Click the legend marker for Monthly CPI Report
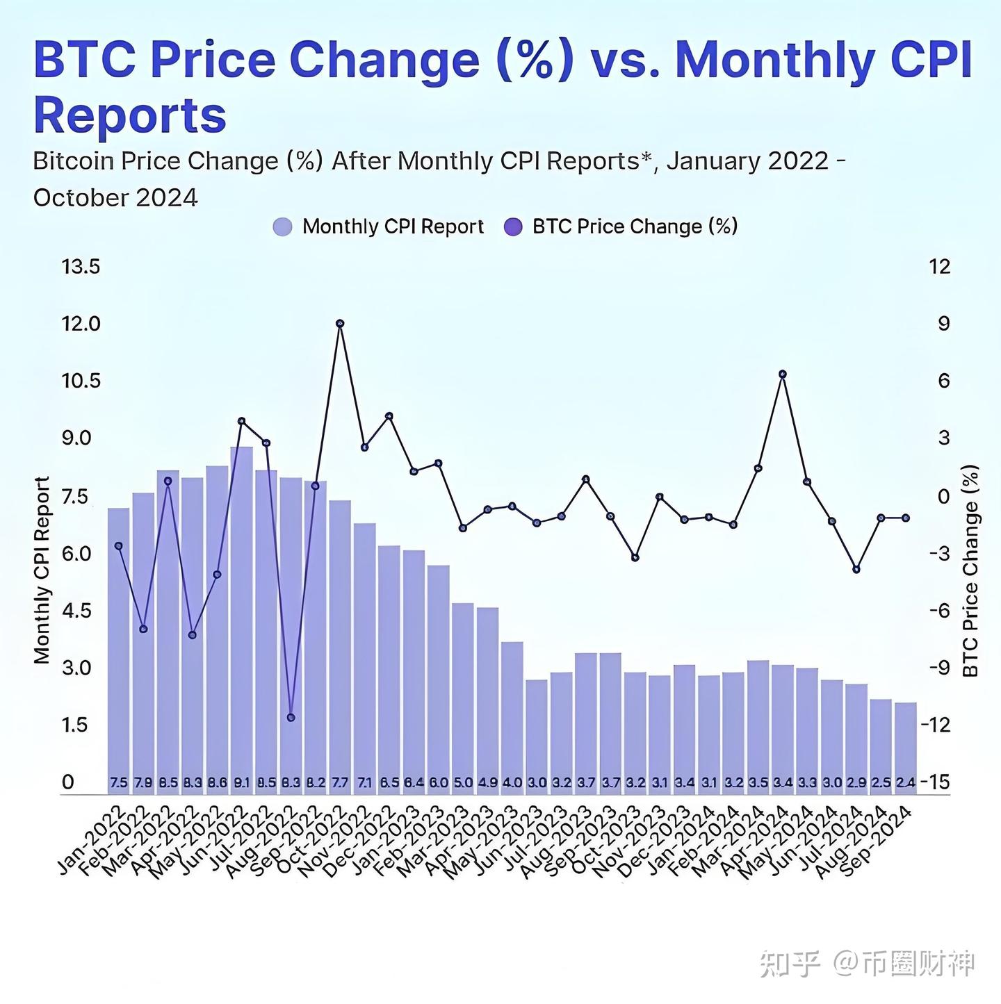(x=282, y=227)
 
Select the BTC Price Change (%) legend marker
(x=512, y=227)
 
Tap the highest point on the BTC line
(x=340, y=324)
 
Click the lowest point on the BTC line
(x=291, y=717)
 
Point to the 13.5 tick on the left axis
(x=81, y=267)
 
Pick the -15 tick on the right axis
(x=935, y=782)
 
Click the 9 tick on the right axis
(x=943, y=324)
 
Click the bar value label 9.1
(x=242, y=782)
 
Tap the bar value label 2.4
(x=906, y=782)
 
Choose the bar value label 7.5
(x=119, y=782)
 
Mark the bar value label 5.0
(x=463, y=782)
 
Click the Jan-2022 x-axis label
(x=92, y=840)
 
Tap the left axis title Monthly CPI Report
(x=42, y=570)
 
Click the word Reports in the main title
(x=130, y=115)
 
